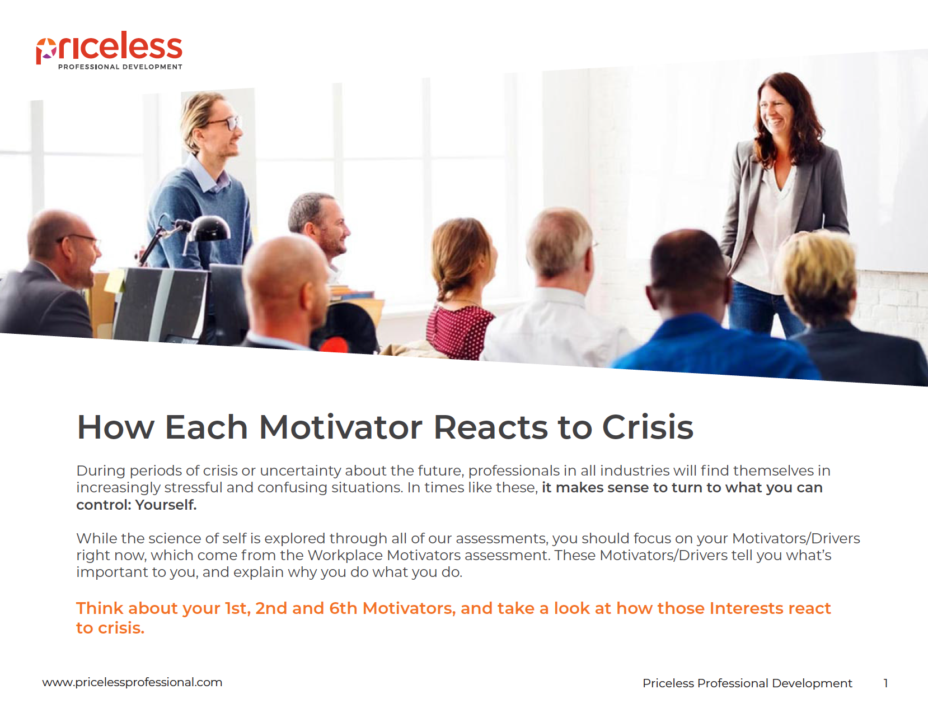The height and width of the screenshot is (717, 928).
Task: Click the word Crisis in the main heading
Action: pos(648,427)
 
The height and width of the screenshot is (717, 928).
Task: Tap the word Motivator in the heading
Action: pos(340,427)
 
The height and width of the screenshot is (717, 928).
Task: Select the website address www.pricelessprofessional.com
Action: pos(132,682)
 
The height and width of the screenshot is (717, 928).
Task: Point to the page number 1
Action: pos(885,683)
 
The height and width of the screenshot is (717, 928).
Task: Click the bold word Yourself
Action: pos(166,505)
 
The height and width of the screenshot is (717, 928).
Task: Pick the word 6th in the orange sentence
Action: pos(343,608)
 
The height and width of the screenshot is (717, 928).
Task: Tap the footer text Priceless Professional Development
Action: pos(747,683)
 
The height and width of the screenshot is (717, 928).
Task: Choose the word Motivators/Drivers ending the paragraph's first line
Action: pos(795,538)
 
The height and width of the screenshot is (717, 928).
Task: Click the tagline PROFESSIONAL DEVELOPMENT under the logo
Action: pos(120,67)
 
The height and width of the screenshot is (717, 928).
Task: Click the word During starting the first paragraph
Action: pos(100,471)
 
